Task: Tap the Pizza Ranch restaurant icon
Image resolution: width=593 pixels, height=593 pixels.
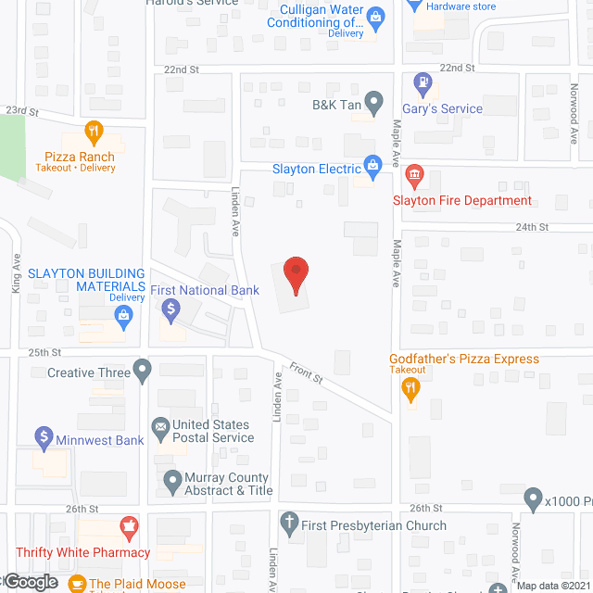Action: (x=93, y=131)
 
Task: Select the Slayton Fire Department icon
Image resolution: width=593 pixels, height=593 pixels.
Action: (x=413, y=173)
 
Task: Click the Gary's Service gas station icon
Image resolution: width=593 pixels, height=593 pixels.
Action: (x=423, y=82)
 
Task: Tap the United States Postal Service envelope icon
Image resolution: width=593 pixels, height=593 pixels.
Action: (x=159, y=426)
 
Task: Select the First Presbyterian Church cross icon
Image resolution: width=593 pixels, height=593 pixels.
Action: (x=289, y=522)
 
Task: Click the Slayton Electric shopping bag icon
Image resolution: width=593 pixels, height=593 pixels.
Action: (x=373, y=168)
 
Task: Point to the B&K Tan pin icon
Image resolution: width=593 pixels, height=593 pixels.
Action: (x=373, y=100)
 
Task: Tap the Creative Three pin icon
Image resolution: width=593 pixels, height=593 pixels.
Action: (x=142, y=372)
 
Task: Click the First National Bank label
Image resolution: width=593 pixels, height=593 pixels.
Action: (x=205, y=290)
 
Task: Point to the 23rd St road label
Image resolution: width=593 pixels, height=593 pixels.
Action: (x=21, y=111)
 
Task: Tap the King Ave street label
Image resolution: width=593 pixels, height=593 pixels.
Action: (x=17, y=275)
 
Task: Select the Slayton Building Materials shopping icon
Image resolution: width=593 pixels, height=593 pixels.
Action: (x=122, y=315)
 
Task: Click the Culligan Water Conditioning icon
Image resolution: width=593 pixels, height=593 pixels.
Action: (x=375, y=16)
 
